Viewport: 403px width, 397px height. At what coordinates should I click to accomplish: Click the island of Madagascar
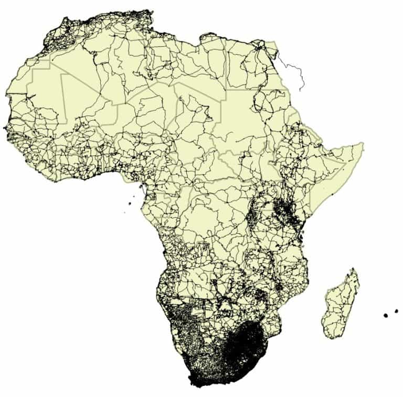pos(341,304)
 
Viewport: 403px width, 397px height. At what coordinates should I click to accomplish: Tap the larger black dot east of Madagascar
pos(386,315)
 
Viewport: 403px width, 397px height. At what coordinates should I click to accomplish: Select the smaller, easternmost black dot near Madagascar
pos(396,311)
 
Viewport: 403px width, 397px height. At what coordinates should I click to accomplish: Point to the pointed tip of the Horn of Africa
pos(363,143)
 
